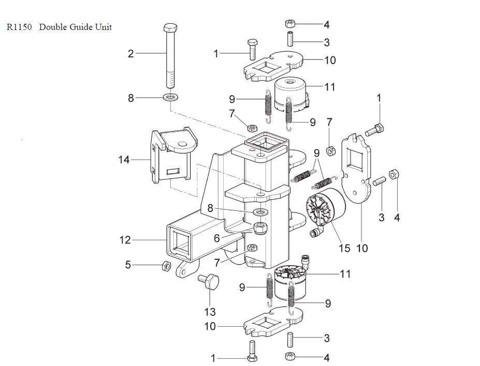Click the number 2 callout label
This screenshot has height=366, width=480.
click(131, 53)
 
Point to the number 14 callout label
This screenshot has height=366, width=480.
click(124, 160)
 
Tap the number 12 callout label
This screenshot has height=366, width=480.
click(124, 240)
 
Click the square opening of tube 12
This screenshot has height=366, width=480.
click(182, 243)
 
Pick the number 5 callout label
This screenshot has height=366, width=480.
click(128, 265)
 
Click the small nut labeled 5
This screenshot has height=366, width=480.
click(167, 266)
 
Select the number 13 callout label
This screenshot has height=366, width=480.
click(209, 312)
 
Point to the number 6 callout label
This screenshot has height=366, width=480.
click(217, 238)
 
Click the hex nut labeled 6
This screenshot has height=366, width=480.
click(260, 227)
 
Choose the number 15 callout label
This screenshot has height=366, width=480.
click(344, 248)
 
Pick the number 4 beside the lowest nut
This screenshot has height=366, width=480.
click(326, 357)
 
